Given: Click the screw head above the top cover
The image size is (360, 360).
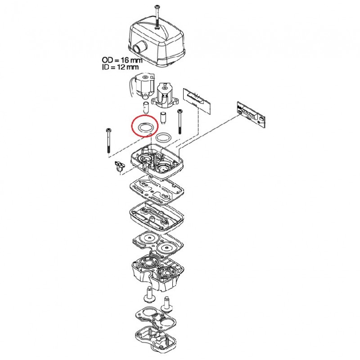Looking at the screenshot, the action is tap(157, 6).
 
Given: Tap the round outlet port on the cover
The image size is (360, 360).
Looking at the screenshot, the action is tap(139, 47).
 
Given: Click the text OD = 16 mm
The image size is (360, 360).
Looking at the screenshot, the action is tap(122, 60).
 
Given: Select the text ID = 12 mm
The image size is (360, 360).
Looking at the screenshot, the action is tap(120, 67).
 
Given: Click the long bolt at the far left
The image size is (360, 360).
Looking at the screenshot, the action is tap(108, 141).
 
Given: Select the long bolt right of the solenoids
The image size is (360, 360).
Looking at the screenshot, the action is tap(179, 121).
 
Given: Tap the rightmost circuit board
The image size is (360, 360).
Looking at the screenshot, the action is tap(251, 114).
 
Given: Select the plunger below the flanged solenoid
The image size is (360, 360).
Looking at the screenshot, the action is tap(163, 117).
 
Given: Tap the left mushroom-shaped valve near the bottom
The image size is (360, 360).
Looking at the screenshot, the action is tap(150, 295).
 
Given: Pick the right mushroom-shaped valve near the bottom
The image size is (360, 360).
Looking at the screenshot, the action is tap(167, 305).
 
